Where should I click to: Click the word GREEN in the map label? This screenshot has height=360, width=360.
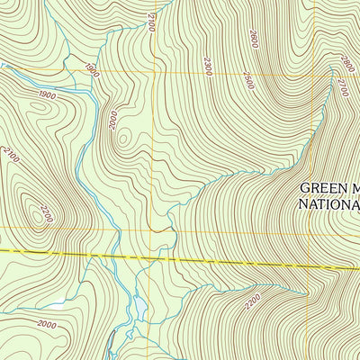319,188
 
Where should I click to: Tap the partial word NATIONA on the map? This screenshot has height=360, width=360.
328,203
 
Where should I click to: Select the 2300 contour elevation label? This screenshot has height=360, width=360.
208,65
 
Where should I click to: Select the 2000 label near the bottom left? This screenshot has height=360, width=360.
47,325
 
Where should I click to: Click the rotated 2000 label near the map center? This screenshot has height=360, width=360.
113,119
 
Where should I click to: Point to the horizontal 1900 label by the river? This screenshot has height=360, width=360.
47,95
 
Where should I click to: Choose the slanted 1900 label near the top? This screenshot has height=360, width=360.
91,68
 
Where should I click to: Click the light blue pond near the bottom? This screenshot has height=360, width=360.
139,310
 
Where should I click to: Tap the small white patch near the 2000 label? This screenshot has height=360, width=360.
58,303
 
